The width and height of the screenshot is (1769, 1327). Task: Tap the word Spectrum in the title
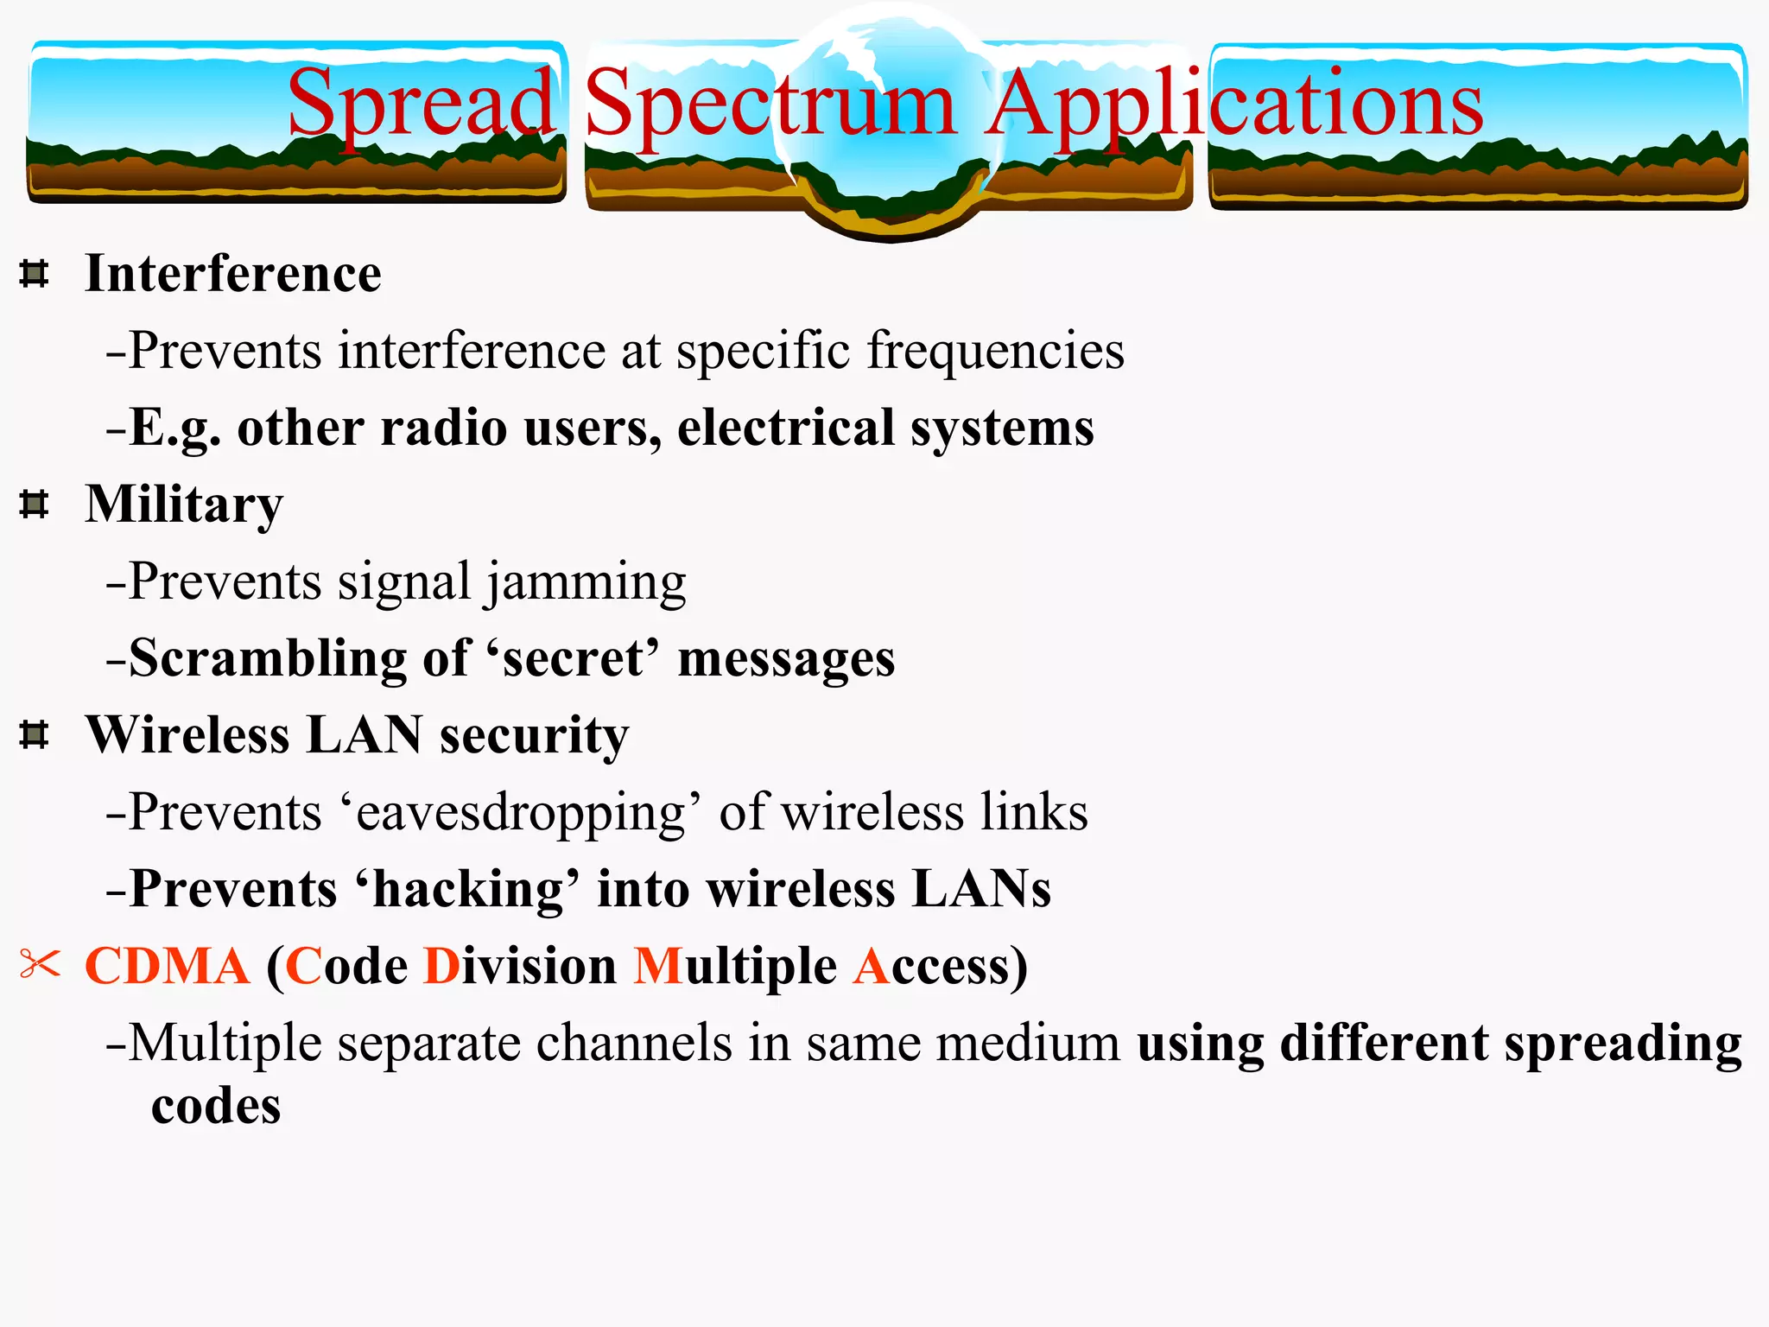tap(770, 105)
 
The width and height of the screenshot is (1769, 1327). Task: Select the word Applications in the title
tap(1235, 105)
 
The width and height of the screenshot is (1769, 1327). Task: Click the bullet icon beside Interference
tap(34, 274)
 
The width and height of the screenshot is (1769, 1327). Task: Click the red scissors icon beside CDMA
tap(40, 964)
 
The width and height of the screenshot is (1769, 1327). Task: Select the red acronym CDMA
tap(168, 966)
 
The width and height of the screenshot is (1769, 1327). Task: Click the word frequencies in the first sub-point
tap(995, 352)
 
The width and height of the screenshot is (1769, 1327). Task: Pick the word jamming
tap(585, 582)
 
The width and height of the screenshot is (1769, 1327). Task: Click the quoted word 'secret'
tap(573, 659)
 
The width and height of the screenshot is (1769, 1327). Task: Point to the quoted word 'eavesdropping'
tap(521, 813)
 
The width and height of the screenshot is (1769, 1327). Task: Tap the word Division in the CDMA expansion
tap(520, 966)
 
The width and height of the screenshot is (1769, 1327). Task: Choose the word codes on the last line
tap(216, 1106)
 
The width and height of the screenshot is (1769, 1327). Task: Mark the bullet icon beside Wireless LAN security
tap(34, 734)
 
